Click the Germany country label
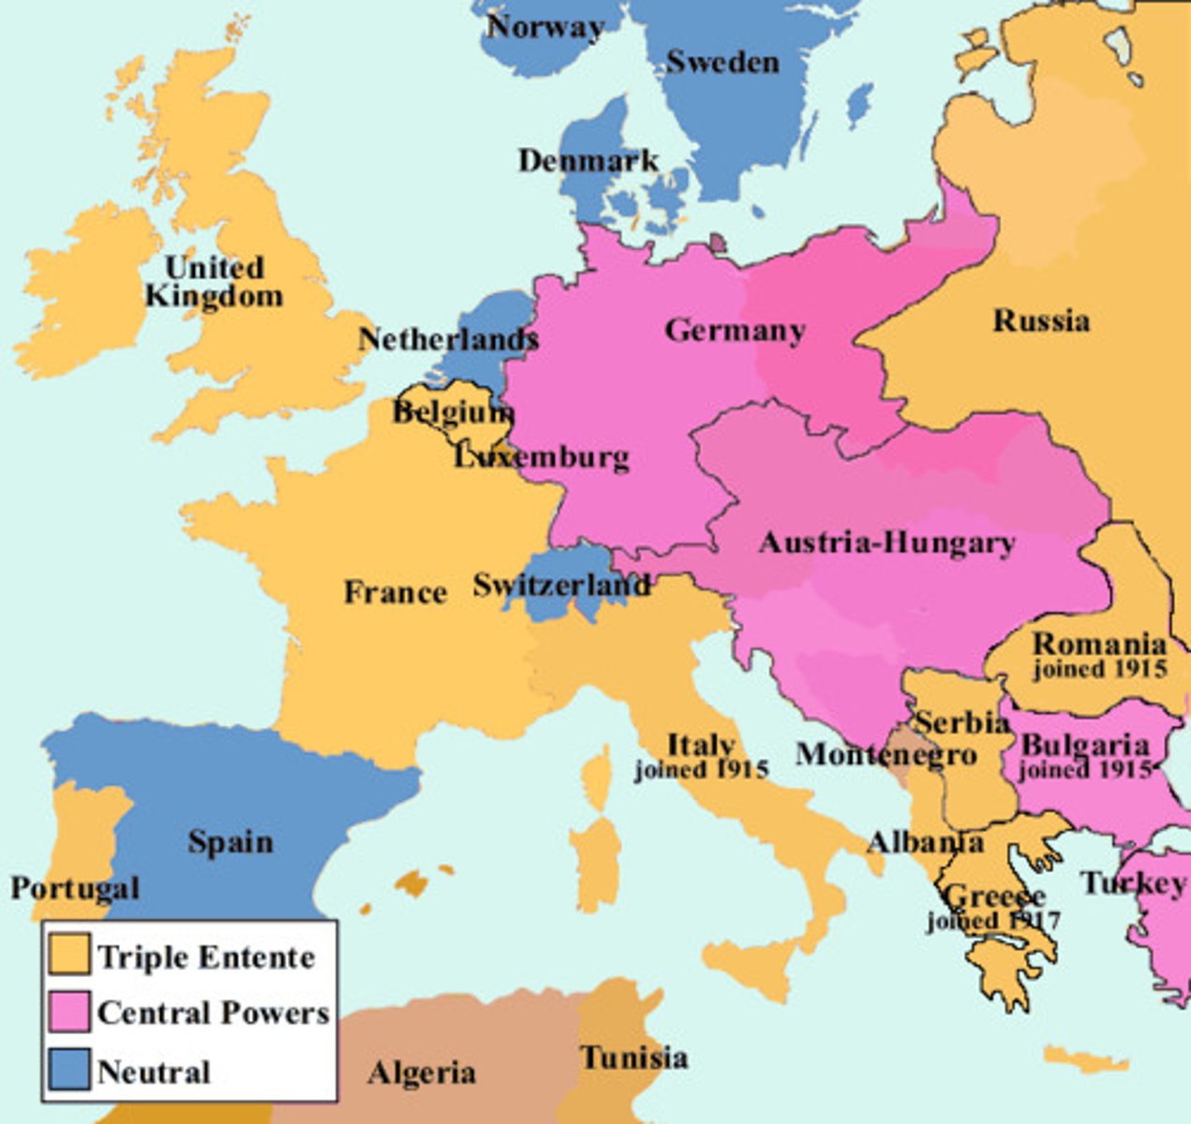(x=735, y=331)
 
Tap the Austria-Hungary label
(x=886, y=543)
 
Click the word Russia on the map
(x=1041, y=321)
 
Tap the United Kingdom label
(x=214, y=282)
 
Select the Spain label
(x=231, y=842)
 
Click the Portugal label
(x=75, y=888)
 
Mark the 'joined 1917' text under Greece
(x=993, y=921)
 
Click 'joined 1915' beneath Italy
(x=701, y=770)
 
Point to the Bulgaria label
(x=1084, y=746)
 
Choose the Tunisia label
(x=634, y=1057)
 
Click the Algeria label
(x=422, y=1072)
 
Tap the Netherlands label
(x=448, y=339)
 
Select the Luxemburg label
(x=542, y=457)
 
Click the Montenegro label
(x=886, y=754)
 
